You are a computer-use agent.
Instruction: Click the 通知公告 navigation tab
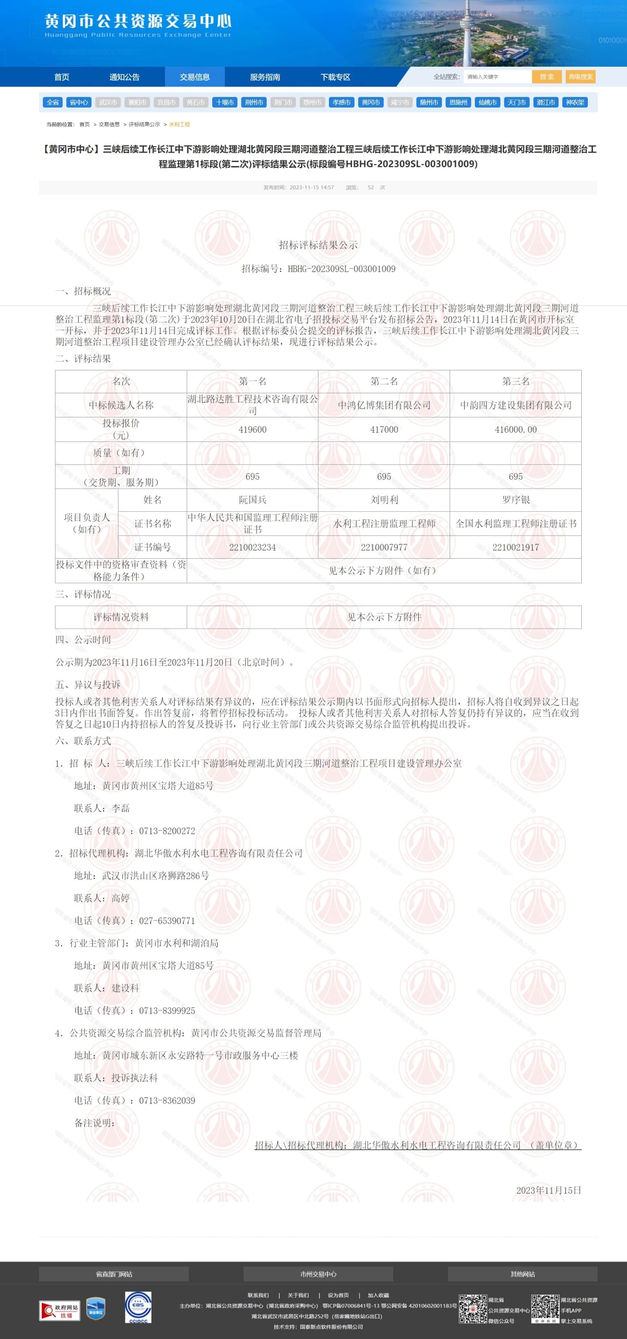tap(124, 77)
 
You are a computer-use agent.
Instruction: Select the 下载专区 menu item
tap(335, 77)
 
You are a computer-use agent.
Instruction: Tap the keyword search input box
tap(497, 77)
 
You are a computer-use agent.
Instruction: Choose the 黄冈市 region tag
tap(371, 102)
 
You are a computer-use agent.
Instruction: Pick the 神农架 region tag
tap(575, 102)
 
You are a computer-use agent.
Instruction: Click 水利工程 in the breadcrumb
tap(179, 125)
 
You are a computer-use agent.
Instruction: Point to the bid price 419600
tap(252, 429)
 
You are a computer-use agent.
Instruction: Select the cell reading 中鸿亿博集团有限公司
tap(384, 405)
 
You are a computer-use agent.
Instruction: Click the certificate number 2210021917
tap(515, 547)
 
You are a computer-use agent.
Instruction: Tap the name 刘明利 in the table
tap(384, 499)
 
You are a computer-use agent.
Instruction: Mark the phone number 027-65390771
tap(167, 921)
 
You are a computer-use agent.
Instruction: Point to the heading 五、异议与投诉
tap(87, 685)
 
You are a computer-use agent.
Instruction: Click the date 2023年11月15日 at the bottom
tap(548, 1190)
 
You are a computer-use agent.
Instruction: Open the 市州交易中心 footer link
tap(318, 1274)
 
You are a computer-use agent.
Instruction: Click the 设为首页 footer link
tap(338, 1295)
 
